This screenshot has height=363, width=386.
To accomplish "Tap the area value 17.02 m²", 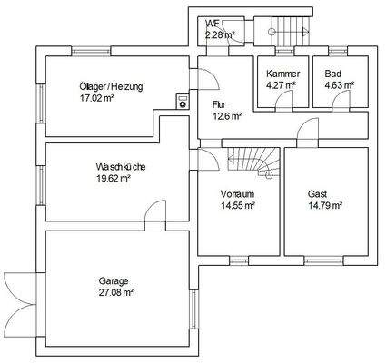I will coord(97,99).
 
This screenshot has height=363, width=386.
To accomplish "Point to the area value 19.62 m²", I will coord(114,179).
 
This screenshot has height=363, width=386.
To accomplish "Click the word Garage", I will coord(114,280).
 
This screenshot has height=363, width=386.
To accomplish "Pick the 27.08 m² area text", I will coord(116,292).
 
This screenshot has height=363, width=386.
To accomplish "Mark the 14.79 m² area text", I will coord(324,206).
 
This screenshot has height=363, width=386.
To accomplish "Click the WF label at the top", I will coord(213,23).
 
